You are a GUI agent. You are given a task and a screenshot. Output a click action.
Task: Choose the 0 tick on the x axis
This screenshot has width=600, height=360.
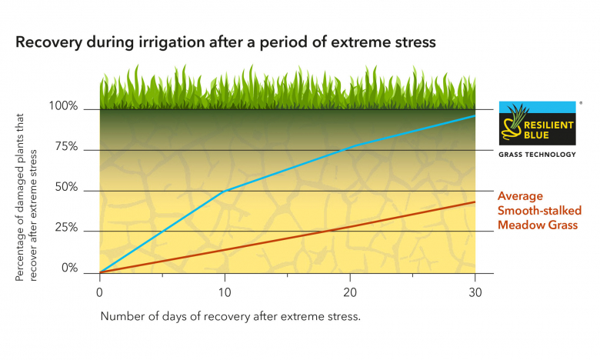click(x=99, y=293)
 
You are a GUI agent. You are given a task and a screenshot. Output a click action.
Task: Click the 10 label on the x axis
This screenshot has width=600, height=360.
click(x=224, y=293)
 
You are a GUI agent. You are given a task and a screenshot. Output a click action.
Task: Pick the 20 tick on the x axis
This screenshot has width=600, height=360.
click(x=349, y=293)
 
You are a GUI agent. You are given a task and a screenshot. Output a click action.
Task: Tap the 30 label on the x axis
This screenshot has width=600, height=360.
click(x=475, y=293)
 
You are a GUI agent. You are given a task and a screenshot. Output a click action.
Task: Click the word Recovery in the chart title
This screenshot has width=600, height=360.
click(x=47, y=42)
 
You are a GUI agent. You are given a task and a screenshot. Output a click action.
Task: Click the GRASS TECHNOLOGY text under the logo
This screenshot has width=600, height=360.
click(x=537, y=155)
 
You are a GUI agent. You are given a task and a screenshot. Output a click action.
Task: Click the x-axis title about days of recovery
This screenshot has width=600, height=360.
click(x=231, y=316)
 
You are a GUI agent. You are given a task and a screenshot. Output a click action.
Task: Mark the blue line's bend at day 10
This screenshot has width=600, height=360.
click(x=224, y=191)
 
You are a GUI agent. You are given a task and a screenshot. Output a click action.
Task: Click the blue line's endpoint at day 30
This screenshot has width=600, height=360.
click(x=475, y=115)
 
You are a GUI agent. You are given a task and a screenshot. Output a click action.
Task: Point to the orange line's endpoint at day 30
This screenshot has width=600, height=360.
click(x=475, y=202)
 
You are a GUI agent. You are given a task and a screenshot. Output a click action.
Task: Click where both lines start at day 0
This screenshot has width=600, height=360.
click(x=100, y=272)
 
